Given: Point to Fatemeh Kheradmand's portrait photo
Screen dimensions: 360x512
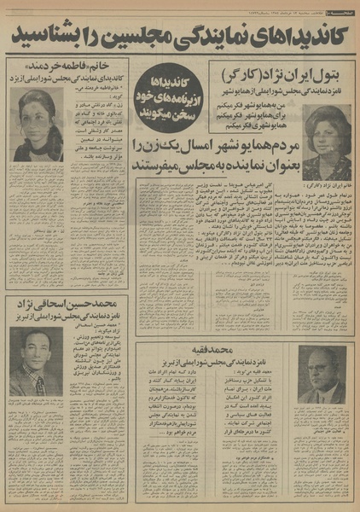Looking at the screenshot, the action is pyautogui.click(x=38, y=125).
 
